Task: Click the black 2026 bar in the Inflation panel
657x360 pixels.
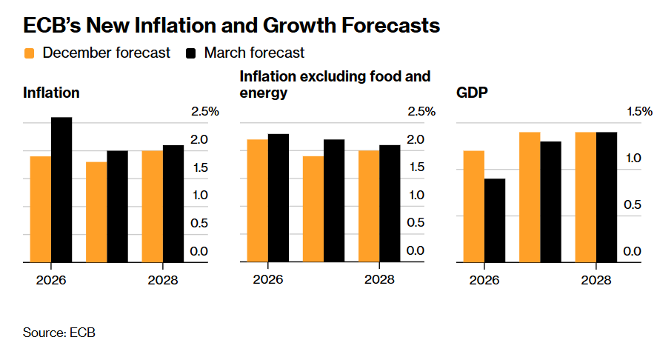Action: (x=61, y=190)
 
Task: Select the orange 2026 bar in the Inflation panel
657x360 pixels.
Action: (x=41, y=209)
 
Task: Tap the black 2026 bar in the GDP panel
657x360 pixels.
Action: (x=495, y=220)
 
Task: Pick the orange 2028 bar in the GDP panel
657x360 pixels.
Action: (x=585, y=197)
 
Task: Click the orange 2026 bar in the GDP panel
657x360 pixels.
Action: (x=473, y=206)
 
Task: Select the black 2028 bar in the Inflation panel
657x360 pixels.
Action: (x=173, y=204)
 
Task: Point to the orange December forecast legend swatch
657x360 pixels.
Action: (x=30, y=53)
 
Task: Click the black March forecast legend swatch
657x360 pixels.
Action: (x=191, y=53)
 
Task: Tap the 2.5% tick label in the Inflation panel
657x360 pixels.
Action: (x=205, y=112)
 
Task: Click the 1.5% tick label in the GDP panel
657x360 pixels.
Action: (x=637, y=112)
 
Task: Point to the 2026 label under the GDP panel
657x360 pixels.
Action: (x=484, y=281)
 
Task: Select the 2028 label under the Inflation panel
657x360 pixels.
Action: (x=163, y=281)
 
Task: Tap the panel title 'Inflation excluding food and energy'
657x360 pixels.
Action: (x=335, y=84)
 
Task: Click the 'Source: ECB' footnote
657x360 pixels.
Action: (x=59, y=333)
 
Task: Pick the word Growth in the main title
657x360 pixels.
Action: (x=306, y=26)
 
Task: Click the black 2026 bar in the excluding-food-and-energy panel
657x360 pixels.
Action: (x=279, y=198)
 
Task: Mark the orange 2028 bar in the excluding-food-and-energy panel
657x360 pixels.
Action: (x=369, y=206)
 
